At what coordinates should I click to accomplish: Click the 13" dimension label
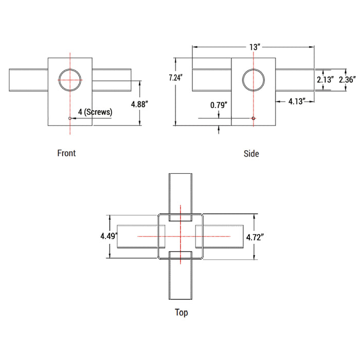255,47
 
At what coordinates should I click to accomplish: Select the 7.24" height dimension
176,78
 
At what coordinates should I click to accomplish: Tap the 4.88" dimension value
139,104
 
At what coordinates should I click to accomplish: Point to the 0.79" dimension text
219,105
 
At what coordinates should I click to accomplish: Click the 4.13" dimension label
297,101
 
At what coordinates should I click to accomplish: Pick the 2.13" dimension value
326,80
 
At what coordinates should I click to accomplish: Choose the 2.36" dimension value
347,80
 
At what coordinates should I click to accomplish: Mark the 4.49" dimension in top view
109,236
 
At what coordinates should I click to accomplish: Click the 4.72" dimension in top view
255,237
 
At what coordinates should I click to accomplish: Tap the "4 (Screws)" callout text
95,112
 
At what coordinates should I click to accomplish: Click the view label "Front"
66,153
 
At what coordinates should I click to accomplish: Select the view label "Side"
251,154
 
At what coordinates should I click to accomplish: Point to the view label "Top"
182,313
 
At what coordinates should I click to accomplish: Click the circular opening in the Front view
70,80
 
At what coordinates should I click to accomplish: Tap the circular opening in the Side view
254,80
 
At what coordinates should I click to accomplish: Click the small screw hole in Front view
70,118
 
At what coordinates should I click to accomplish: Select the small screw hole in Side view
254,118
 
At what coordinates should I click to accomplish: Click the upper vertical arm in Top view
181,197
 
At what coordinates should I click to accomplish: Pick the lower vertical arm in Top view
181,276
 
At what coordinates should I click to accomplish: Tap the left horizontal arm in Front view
28,80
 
